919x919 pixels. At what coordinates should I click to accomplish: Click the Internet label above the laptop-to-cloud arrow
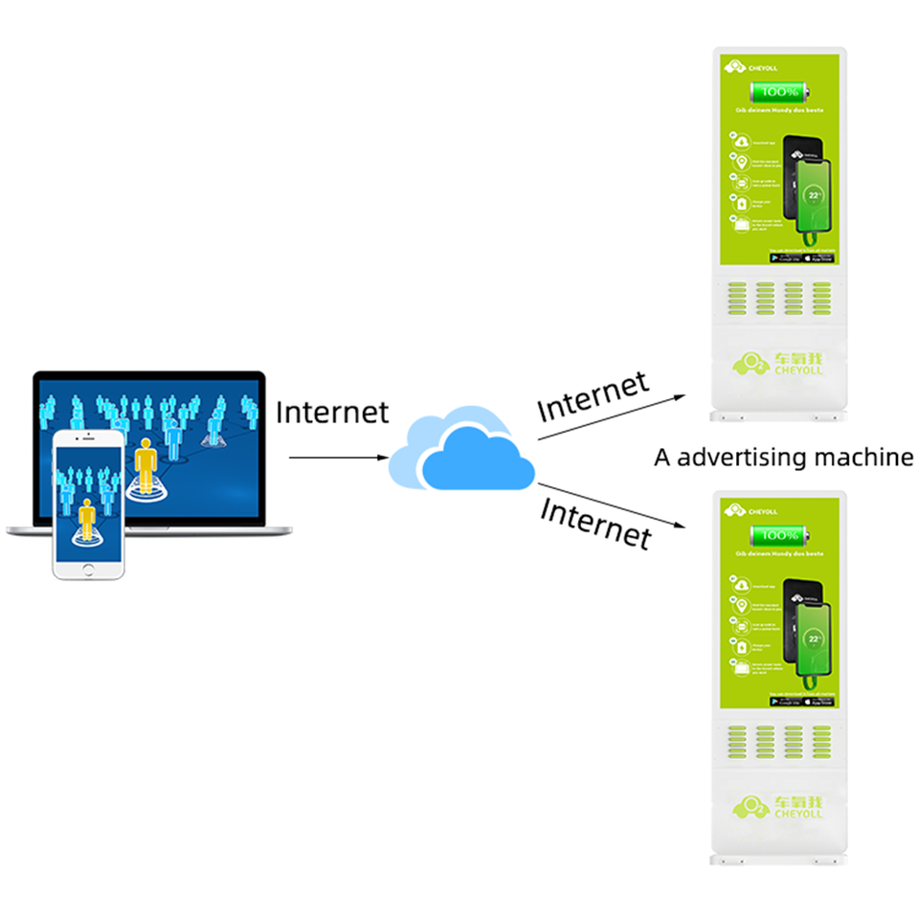(332, 413)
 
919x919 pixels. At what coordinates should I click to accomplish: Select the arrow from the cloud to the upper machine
(613, 415)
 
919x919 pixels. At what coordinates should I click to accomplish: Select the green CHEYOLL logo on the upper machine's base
(777, 364)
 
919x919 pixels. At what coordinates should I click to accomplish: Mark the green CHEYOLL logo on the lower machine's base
(777, 806)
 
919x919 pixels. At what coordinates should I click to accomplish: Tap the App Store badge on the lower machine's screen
(818, 701)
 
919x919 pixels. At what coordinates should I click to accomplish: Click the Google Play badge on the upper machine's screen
(786, 258)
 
